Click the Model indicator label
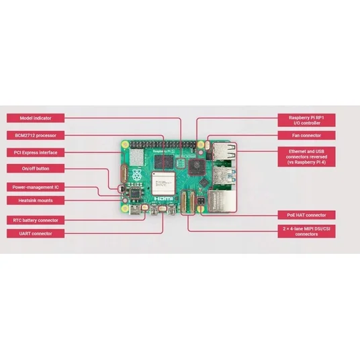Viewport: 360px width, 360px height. pos(36,118)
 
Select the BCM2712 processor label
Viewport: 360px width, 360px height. pos(36,135)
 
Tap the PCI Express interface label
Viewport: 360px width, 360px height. pos(36,152)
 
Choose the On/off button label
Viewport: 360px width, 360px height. pos(36,169)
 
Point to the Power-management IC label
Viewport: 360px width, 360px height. pos(36,187)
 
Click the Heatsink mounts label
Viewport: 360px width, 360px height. pos(36,200)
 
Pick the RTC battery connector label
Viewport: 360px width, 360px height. pos(36,220)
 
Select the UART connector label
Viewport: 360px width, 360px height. pos(36,234)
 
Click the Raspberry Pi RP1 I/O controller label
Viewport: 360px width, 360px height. pos(306,120)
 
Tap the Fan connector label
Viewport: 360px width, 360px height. pos(306,135)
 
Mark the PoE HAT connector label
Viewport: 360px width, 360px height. pos(306,215)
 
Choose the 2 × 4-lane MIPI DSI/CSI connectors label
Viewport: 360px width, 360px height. pos(306,231)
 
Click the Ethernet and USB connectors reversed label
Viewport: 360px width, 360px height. pos(306,156)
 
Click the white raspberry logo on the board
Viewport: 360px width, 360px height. pos(136,175)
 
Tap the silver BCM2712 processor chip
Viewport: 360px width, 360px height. pos(163,183)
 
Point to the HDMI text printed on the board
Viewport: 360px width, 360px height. pos(163,199)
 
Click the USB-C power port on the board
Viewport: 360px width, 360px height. pos(135,210)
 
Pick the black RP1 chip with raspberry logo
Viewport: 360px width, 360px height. pos(197,167)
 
